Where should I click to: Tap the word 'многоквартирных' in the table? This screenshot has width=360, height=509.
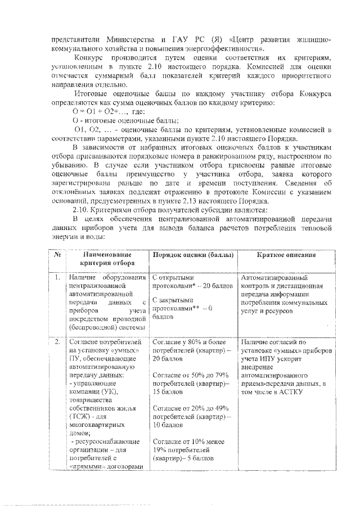point(96,425)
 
